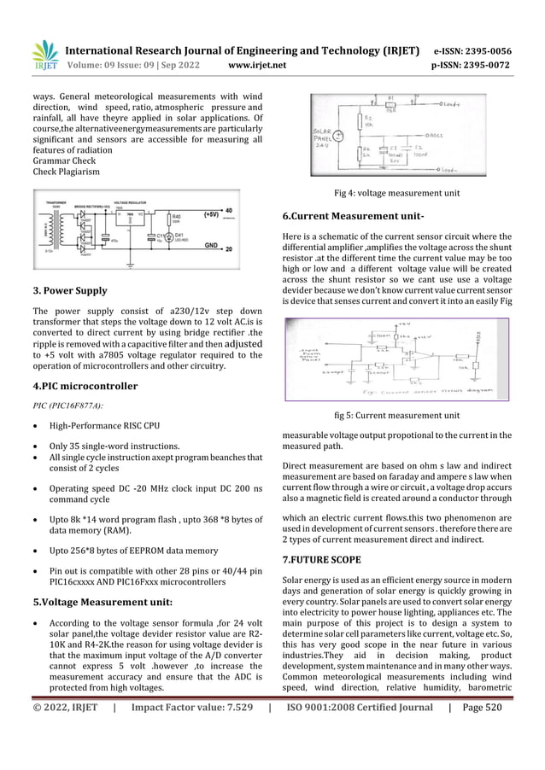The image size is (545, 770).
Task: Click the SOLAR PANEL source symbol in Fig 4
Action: point(340,135)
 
